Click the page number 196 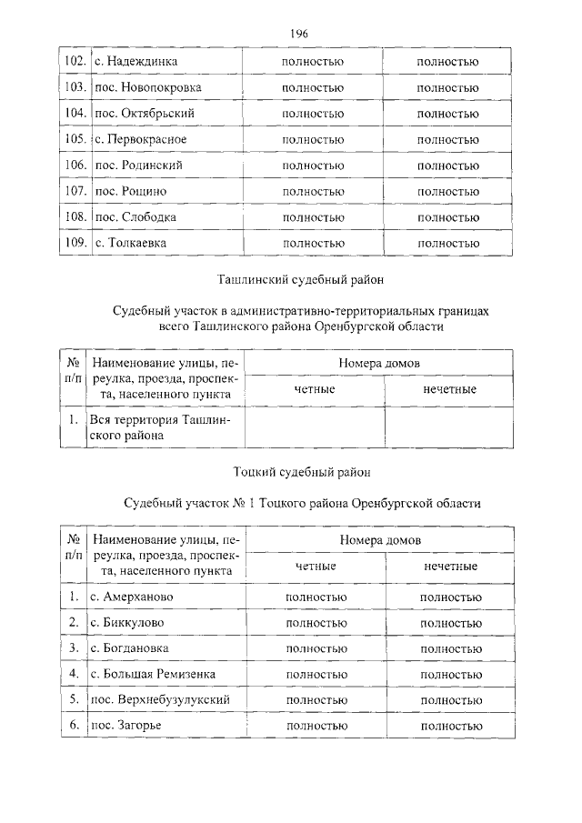299,34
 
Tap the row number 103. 75,88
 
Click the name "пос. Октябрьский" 145,114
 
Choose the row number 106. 75,166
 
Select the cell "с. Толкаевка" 131,243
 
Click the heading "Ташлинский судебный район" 301,280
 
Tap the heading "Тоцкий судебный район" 301,471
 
